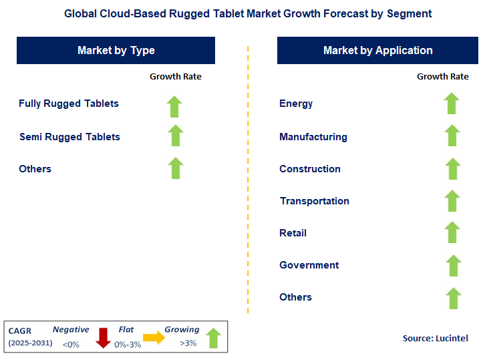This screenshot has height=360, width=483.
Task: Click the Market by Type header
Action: pyautogui.click(x=116, y=50)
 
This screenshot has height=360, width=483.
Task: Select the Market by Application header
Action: pyautogui.click(x=377, y=50)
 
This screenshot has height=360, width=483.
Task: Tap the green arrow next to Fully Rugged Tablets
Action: pyautogui.click(x=175, y=106)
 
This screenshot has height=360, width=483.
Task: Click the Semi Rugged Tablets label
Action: pyautogui.click(x=69, y=137)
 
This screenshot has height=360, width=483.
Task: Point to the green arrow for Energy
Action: pyautogui.click(x=452, y=104)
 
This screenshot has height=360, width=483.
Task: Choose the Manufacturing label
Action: pyautogui.click(x=313, y=137)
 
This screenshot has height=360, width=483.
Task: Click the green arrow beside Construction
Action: pyautogui.click(x=452, y=169)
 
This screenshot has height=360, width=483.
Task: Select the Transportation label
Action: pyautogui.click(x=314, y=201)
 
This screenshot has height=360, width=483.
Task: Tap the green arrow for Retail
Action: pyautogui.click(x=452, y=233)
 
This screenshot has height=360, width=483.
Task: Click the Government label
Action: pyautogui.click(x=309, y=265)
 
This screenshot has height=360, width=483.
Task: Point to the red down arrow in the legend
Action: pyautogui.click(x=103, y=337)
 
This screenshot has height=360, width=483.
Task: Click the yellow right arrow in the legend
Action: pyautogui.click(x=154, y=338)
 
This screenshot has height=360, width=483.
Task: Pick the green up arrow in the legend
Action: pyautogui.click(x=214, y=337)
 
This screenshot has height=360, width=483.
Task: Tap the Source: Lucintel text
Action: pyautogui.click(x=434, y=339)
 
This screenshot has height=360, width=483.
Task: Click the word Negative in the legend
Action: pyautogui.click(x=71, y=329)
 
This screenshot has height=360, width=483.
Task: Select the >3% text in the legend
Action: pyautogui.click(x=188, y=343)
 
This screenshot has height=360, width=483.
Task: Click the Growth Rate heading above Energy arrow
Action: pyautogui.click(x=443, y=77)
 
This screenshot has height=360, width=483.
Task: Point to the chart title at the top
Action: pyautogui.click(x=248, y=13)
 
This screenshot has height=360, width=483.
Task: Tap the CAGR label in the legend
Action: pyautogui.click(x=21, y=330)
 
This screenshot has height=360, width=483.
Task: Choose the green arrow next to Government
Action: pyautogui.click(x=453, y=266)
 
